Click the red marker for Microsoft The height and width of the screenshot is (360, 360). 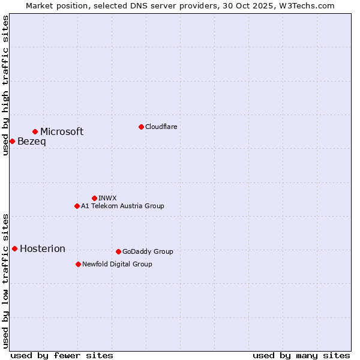(x=35, y=131)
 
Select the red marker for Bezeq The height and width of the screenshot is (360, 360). (x=12, y=141)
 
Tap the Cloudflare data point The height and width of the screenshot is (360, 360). (x=141, y=127)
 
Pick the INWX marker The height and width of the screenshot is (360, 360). (x=94, y=198)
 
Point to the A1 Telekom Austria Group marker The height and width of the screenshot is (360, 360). (x=77, y=206)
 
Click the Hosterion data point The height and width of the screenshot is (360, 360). (x=14, y=248)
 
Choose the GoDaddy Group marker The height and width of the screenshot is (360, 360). (x=118, y=251)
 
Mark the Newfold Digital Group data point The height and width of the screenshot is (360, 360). (x=78, y=264)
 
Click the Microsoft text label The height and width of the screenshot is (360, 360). (x=62, y=132)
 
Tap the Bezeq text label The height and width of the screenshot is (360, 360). (x=32, y=142)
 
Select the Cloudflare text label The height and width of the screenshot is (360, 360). (x=161, y=127)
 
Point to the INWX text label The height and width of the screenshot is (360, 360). (x=108, y=198)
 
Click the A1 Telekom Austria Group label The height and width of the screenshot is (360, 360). (x=123, y=206)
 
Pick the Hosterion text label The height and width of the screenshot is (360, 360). (x=43, y=249)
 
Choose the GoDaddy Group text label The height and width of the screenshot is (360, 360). (x=148, y=251)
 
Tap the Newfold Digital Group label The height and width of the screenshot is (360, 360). (x=118, y=264)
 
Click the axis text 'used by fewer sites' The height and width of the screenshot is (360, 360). (x=62, y=355)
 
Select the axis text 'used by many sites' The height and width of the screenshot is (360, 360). (x=301, y=355)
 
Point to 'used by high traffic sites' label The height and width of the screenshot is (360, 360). (x=5, y=85)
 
